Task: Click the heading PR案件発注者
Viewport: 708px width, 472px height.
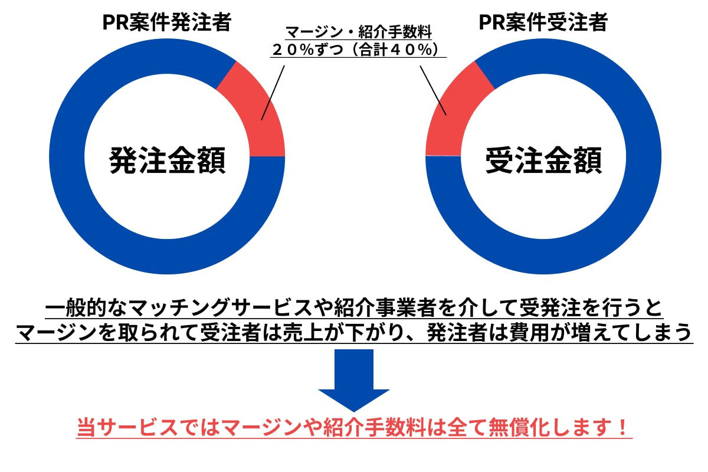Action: (166, 23)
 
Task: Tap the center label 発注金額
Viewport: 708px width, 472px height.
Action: (167, 160)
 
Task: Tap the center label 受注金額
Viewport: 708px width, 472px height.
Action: (543, 160)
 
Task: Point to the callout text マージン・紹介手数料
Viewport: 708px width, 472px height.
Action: (359, 32)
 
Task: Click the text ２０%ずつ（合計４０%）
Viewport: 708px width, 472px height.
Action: (359, 50)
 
